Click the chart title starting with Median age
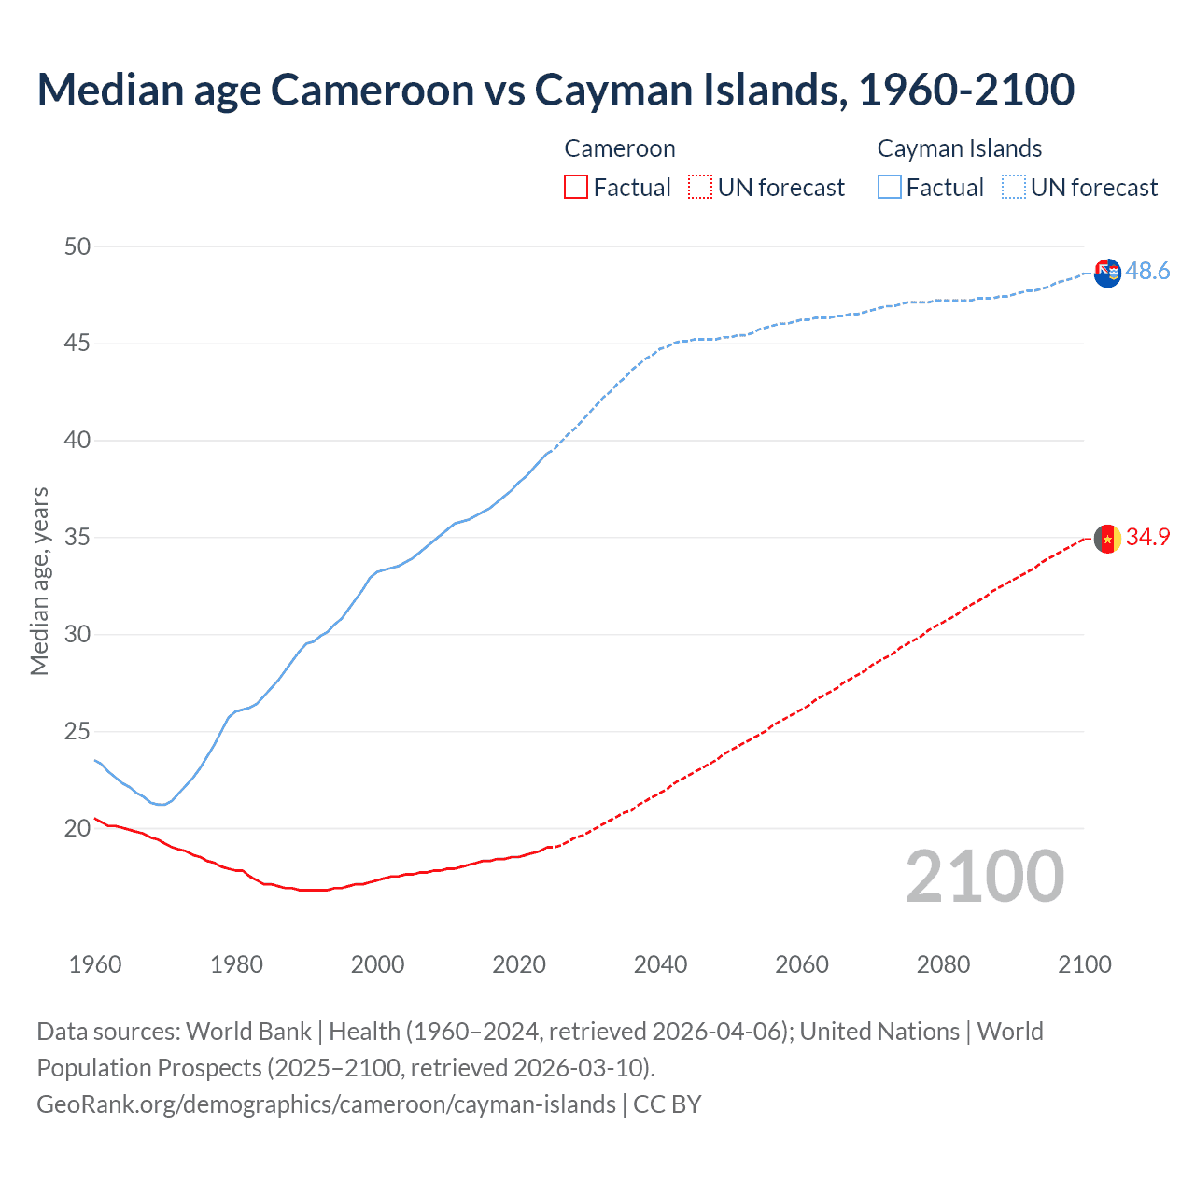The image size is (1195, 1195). point(555,90)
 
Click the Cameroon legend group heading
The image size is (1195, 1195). point(619,148)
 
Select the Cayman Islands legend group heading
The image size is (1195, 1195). point(959,148)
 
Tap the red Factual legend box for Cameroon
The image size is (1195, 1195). point(576,188)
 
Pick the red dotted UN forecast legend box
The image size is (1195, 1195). point(700,188)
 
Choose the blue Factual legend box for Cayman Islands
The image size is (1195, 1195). point(889,188)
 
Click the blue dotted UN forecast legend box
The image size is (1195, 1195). point(1013,188)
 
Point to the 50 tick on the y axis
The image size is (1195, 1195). point(77,246)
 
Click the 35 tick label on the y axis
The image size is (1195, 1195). point(77,538)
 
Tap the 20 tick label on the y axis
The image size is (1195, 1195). point(77,828)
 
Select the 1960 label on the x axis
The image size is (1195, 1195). point(95,964)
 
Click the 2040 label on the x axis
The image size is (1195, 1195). point(660,964)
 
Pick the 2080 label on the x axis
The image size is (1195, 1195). point(943,964)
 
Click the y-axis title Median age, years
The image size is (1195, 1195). point(39,581)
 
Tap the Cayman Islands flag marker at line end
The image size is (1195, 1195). point(1107,274)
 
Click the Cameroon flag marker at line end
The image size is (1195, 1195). point(1107,539)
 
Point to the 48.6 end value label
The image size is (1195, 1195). point(1147,271)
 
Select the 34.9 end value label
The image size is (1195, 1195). point(1147,537)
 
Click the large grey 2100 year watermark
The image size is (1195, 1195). point(985,876)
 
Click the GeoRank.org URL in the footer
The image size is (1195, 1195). point(326,1104)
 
